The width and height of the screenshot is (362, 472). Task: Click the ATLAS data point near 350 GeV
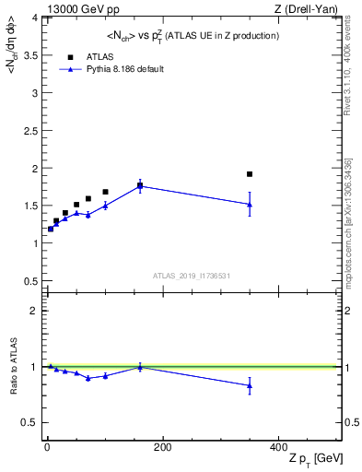tap(250, 174)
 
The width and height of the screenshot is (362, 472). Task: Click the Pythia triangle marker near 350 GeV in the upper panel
tap(250, 205)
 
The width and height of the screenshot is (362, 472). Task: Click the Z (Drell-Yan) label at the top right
tap(311, 9)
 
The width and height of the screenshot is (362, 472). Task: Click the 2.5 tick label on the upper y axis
tap(30, 130)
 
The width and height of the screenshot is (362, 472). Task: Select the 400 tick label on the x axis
tap(278, 446)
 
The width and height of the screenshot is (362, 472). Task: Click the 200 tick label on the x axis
tap(162, 446)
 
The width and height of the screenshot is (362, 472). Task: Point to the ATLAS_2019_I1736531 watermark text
tap(192, 276)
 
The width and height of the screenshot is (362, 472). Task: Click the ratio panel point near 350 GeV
tap(250, 386)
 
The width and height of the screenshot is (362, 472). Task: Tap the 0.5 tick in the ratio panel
tap(30, 422)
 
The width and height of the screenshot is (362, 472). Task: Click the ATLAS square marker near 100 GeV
tap(105, 192)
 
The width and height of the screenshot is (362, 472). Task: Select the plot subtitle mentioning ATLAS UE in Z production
tap(194, 35)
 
